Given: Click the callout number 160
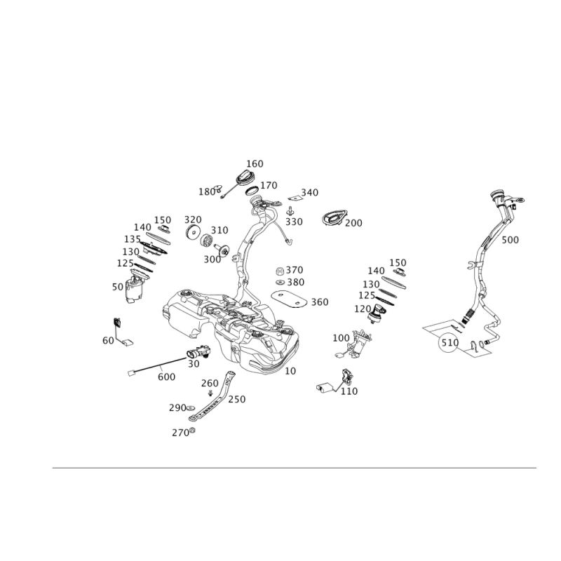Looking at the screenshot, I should (x=255, y=163).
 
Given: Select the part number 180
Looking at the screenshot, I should (x=205, y=190).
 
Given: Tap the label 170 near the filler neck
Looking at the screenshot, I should (x=269, y=185).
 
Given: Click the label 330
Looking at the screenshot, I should (x=295, y=222).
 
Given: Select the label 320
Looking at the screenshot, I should (x=193, y=219).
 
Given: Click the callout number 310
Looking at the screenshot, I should (x=220, y=229).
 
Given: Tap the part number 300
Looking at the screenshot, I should (x=212, y=259).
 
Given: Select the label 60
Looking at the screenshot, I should (x=108, y=340).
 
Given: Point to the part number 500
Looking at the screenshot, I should (x=510, y=240).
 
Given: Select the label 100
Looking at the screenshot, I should (x=341, y=338).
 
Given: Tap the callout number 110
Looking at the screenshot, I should (x=349, y=391).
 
